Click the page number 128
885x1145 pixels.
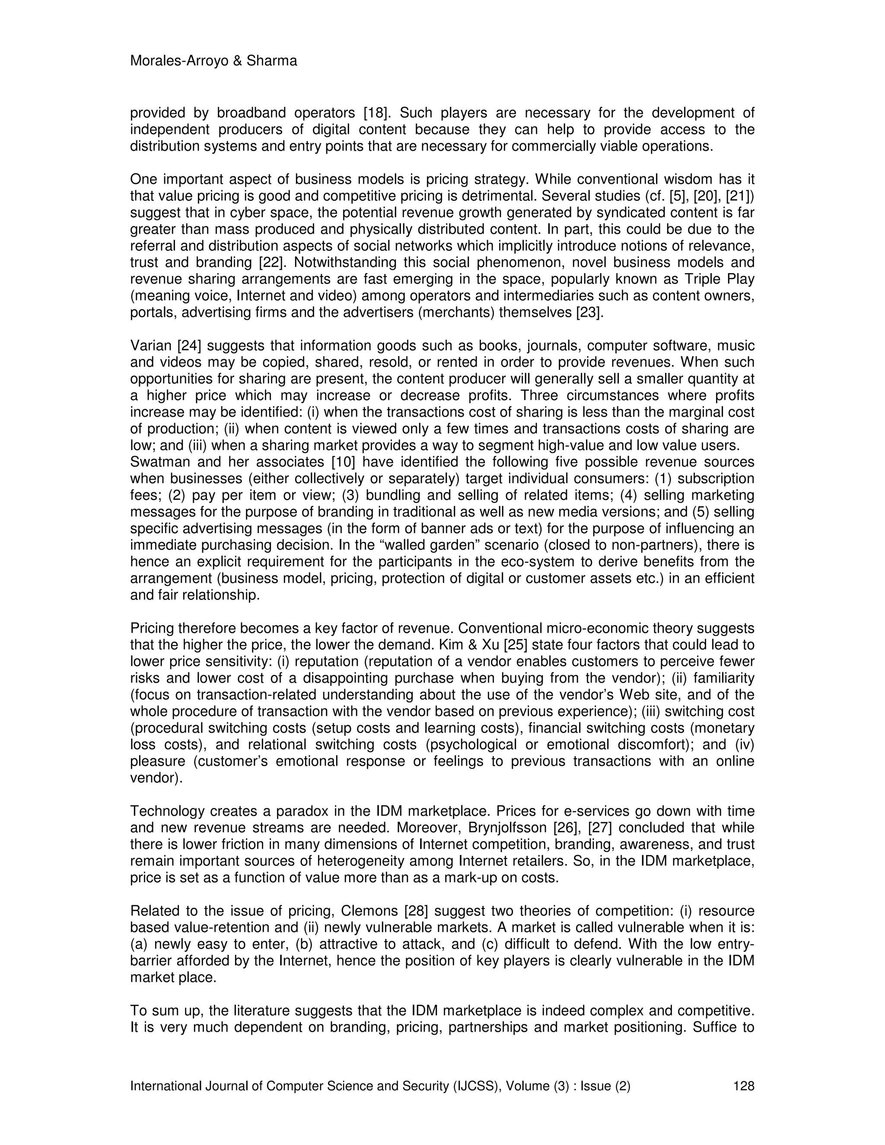click(743, 1086)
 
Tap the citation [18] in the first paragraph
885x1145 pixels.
click(375, 113)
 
